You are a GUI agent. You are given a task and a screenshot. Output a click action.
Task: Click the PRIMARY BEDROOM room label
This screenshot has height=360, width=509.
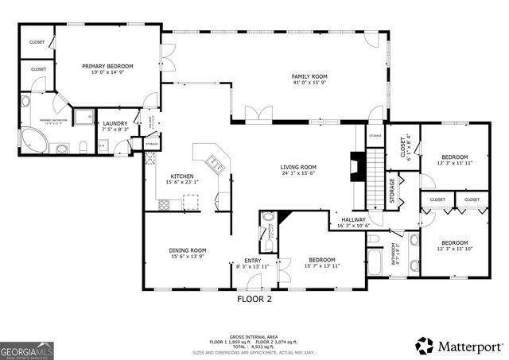pyautogui.click(x=107, y=66)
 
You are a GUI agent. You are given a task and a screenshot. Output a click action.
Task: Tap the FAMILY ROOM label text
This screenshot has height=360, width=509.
pyautogui.click(x=309, y=76)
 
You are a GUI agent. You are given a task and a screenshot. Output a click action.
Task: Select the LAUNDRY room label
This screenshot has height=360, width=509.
pyautogui.click(x=115, y=123)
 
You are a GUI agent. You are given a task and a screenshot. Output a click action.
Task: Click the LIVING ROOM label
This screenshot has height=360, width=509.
pyautogui.click(x=297, y=167)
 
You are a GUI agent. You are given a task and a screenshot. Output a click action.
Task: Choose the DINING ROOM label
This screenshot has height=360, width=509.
pyautogui.click(x=187, y=250)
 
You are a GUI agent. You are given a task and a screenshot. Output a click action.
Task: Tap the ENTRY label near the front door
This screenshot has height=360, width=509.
pyautogui.click(x=252, y=260)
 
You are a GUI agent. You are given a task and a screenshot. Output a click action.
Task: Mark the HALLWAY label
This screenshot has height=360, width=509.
pyautogui.click(x=353, y=219)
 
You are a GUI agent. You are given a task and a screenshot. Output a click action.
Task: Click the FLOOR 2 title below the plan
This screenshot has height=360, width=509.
pyautogui.click(x=254, y=300)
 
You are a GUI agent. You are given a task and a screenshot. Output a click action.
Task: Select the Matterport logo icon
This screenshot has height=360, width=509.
pyautogui.click(x=425, y=346)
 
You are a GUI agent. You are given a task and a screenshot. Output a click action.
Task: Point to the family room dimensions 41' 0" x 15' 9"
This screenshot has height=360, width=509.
pyautogui.click(x=309, y=83)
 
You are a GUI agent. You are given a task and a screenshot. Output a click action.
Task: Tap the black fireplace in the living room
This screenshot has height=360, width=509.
pyautogui.click(x=357, y=168)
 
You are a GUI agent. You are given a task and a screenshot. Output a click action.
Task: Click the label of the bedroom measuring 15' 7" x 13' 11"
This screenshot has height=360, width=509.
pyautogui.click(x=322, y=260)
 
